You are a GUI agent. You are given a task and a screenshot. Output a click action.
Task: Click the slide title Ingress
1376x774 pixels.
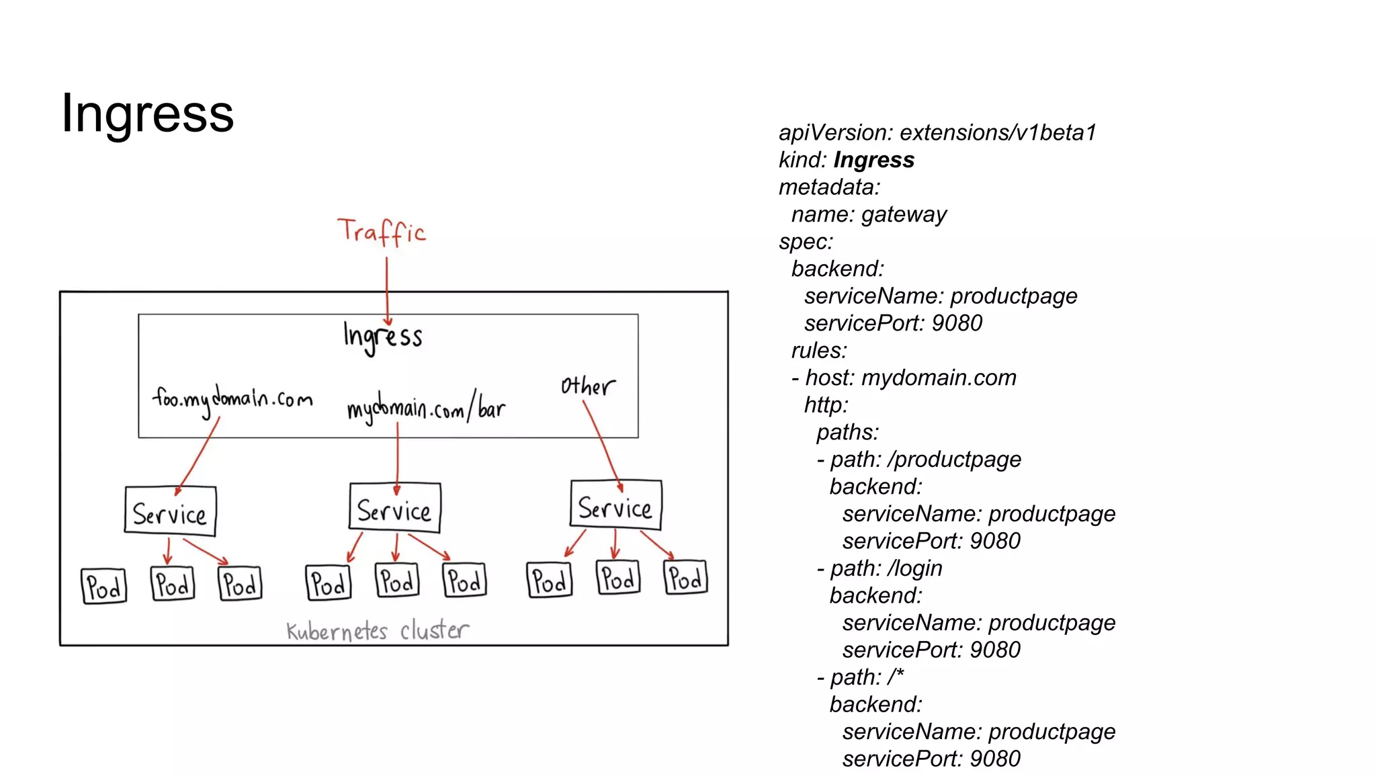[147, 113]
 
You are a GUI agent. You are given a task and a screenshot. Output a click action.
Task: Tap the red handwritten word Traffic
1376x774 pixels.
[381, 232]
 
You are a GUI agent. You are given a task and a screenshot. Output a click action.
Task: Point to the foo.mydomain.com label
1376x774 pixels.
[232, 399]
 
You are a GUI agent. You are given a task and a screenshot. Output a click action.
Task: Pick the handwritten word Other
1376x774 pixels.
[587, 386]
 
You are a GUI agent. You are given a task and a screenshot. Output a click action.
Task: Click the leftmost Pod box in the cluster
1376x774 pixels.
[103, 587]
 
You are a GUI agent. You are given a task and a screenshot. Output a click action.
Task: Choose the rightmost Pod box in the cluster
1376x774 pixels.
[685, 578]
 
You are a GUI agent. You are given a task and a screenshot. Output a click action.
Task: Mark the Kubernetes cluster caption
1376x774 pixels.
[377, 631]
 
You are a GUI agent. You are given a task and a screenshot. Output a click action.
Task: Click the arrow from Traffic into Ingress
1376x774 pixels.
[387, 289]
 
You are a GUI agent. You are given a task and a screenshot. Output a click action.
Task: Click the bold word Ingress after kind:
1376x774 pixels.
[873, 160]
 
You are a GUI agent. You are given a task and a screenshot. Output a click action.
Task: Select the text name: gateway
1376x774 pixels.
[869, 214]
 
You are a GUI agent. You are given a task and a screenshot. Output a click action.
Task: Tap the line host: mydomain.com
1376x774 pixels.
[910, 378]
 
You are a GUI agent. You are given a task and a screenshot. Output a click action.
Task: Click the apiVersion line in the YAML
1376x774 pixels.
[937, 132]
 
